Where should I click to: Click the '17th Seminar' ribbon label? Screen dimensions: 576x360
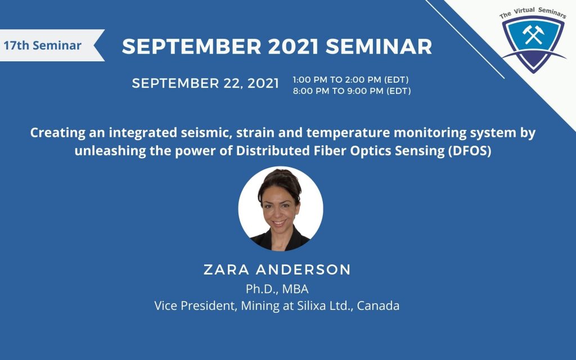tap(43, 46)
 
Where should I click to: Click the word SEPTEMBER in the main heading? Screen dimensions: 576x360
tap(192, 46)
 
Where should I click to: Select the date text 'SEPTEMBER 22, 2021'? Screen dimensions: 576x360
tap(205, 83)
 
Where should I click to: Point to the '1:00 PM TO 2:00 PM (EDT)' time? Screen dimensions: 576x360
tap(351, 80)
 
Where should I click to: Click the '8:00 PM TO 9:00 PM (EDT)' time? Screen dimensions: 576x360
tap(352, 91)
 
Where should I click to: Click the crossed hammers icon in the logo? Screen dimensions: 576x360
tap(533, 35)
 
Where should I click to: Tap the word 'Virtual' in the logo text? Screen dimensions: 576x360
tap(524, 10)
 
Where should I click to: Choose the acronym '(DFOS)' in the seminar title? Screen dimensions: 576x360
tap(470, 151)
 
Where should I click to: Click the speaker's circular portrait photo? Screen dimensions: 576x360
tap(281, 209)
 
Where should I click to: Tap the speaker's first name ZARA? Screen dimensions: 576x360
tap(227, 269)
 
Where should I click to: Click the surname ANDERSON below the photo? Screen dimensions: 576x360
tap(303, 269)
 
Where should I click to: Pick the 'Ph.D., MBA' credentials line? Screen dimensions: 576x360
tap(277, 289)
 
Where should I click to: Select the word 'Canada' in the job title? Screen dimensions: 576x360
tap(378, 305)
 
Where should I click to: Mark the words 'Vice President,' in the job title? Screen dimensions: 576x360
tap(196, 305)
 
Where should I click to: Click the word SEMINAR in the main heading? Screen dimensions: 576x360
tap(379, 46)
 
